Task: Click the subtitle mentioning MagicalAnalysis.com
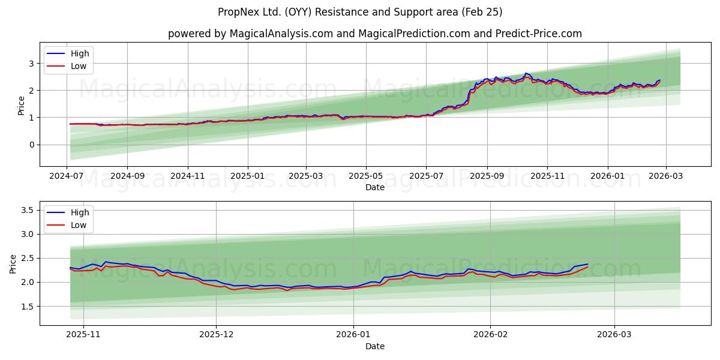(375, 34)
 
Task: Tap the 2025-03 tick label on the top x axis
(306, 177)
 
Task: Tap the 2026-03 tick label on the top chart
(665, 177)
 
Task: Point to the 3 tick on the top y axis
(30, 63)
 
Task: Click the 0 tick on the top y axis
(30, 145)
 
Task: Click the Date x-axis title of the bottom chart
(375, 346)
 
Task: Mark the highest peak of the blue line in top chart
(526, 73)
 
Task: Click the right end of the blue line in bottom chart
(588, 264)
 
